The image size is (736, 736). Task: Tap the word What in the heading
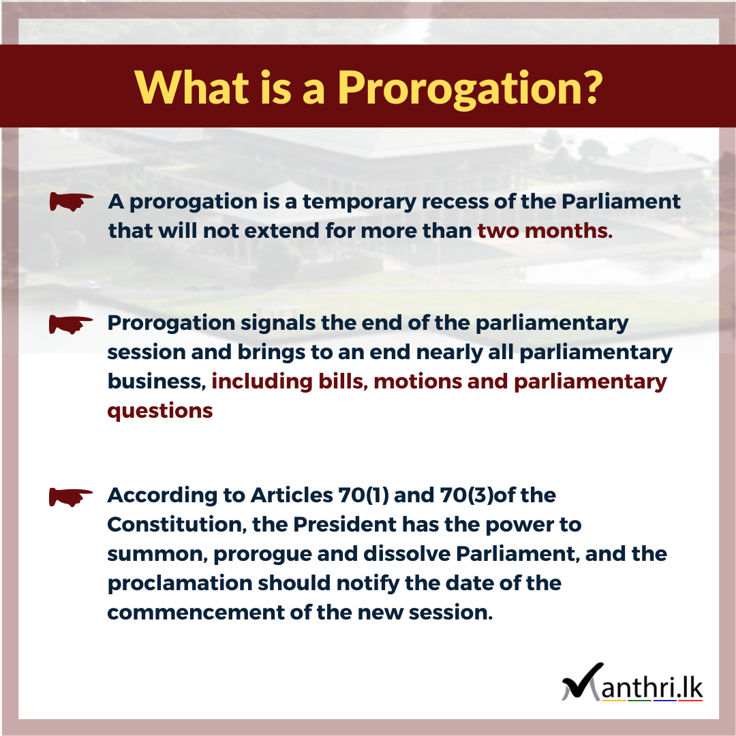coord(191,87)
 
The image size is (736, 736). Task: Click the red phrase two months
coord(545,230)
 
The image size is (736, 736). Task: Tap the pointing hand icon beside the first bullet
coord(72,202)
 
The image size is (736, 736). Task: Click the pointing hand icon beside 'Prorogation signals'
coord(71,324)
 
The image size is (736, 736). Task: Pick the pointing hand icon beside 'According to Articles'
coord(71,497)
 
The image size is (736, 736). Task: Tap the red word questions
coord(160,412)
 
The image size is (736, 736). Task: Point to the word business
coord(157,381)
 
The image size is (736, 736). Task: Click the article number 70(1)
coord(363,495)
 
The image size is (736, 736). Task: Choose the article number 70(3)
coord(467,495)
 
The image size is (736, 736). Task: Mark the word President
coord(345,524)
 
